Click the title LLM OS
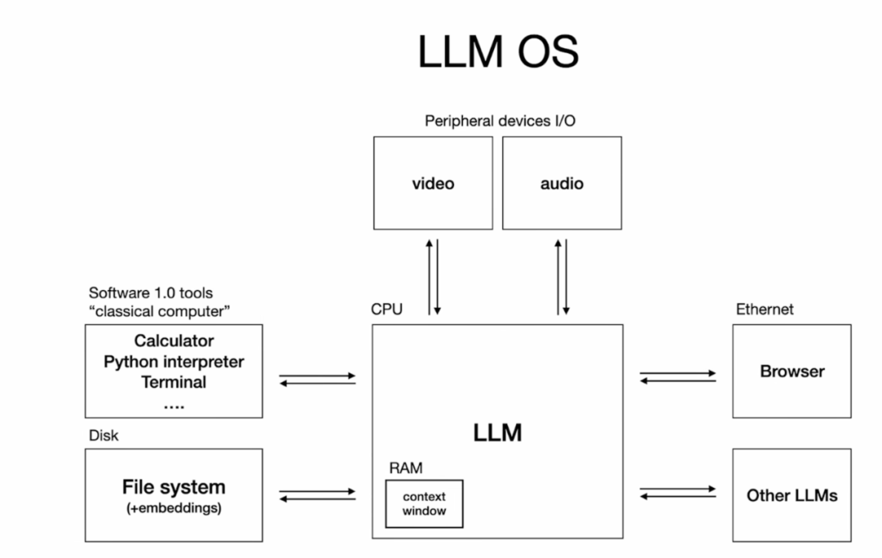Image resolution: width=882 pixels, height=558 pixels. pyautogui.click(x=497, y=52)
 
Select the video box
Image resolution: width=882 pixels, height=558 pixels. pyautogui.click(x=433, y=183)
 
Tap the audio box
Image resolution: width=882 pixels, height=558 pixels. pyautogui.click(x=562, y=183)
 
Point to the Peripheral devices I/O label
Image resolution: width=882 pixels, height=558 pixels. pyautogui.click(x=501, y=121)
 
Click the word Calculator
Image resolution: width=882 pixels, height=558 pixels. pyautogui.click(x=174, y=341)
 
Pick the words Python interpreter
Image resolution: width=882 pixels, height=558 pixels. pyautogui.click(x=174, y=361)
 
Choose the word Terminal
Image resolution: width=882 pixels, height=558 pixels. pyautogui.click(x=174, y=382)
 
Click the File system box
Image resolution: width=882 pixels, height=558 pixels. pyautogui.click(x=174, y=494)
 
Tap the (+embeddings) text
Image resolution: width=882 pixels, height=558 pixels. pyautogui.click(x=174, y=508)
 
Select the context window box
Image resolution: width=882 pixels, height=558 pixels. pyautogui.click(x=424, y=503)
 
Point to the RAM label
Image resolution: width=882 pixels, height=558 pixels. pyautogui.click(x=406, y=468)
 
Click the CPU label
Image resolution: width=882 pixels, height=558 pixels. pyautogui.click(x=387, y=310)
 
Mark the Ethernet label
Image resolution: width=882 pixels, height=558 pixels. pyautogui.click(x=764, y=310)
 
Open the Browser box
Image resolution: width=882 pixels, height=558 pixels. pyautogui.click(x=791, y=371)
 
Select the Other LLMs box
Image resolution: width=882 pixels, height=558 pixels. pyautogui.click(x=791, y=495)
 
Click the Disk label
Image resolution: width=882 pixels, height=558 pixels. pyautogui.click(x=104, y=435)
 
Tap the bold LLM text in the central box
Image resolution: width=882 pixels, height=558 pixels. pyautogui.click(x=497, y=432)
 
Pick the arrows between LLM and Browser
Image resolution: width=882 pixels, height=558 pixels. pyautogui.click(x=678, y=377)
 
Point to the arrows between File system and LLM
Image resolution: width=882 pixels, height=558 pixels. pyautogui.click(x=318, y=495)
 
